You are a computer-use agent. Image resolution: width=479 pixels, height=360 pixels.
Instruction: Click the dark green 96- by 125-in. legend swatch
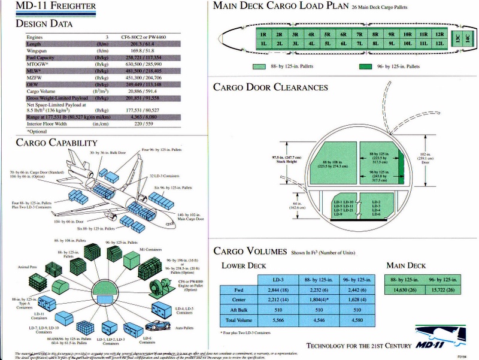coord(363,66)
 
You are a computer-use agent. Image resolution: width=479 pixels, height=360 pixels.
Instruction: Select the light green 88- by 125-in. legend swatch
coord(259,66)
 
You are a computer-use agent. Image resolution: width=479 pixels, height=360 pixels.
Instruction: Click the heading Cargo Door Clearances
coord(271,87)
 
